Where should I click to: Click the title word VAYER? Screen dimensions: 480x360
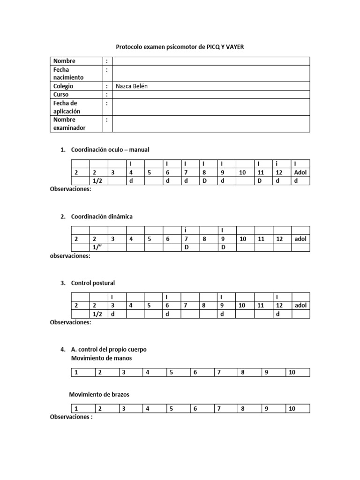[232, 47]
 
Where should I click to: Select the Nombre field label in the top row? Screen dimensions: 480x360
[64, 61]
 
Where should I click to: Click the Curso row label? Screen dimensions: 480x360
[61, 95]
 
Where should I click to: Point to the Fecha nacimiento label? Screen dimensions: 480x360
[68, 74]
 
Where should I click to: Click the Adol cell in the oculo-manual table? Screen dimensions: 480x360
[300, 172]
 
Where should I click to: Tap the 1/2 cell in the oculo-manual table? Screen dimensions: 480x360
[97, 181]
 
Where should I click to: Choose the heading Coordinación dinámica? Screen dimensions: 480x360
[102, 217]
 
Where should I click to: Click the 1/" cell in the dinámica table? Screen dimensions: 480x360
[97, 247]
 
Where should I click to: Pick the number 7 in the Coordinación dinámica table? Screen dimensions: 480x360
[186, 239]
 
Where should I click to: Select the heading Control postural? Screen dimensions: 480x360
[93, 283]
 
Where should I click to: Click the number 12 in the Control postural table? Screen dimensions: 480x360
[279, 305]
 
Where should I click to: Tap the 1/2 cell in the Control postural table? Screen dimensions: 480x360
[97, 314]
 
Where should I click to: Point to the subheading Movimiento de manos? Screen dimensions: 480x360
[101, 358]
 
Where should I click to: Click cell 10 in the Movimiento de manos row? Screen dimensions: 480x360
[292, 373]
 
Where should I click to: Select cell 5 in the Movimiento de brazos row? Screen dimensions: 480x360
[172, 409]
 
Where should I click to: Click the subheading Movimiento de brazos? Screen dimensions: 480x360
[99, 395]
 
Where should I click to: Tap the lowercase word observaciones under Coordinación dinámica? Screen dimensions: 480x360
[70, 256]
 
